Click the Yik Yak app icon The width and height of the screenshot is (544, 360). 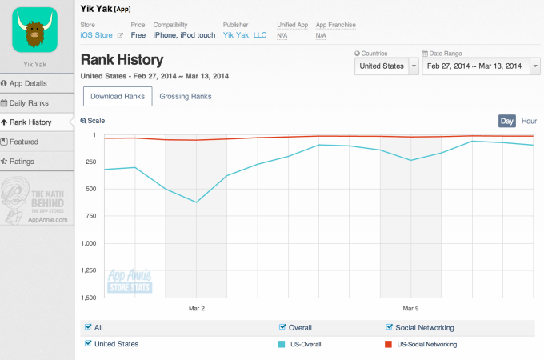pyautogui.click(x=34, y=29)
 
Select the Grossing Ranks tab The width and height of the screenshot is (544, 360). pyautogui.click(x=185, y=97)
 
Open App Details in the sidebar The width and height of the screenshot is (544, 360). pyautogui.click(x=28, y=83)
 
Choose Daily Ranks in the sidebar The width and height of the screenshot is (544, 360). pyautogui.click(x=29, y=103)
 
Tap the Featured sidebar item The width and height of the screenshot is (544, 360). pyautogui.click(x=24, y=142)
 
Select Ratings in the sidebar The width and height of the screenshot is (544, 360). pyautogui.click(x=22, y=162)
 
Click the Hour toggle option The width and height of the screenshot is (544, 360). pyautogui.click(x=529, y=121)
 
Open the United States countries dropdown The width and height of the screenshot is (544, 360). pyautogui.click(x=386, y=66)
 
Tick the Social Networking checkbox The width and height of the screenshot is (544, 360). pyautogui.click(x=390, y=327)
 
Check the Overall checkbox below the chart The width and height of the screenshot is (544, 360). pyautogui.click(x=282, y=327)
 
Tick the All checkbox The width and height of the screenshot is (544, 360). pyautogui.click(x=88, y=327)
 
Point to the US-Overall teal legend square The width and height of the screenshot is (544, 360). pyautogui.click(x=282, y=344)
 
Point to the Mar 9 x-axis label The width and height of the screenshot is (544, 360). pyautogui.click(x=410, y=307)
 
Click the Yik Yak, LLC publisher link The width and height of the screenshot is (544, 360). pyautogui.click(x=244, y=35)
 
